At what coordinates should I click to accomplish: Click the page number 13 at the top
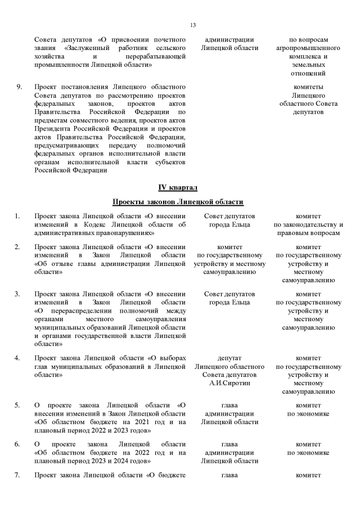193,25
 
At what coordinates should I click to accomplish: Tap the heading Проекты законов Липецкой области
178,202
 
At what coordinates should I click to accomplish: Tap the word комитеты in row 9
308,87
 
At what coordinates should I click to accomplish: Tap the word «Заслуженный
88,48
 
